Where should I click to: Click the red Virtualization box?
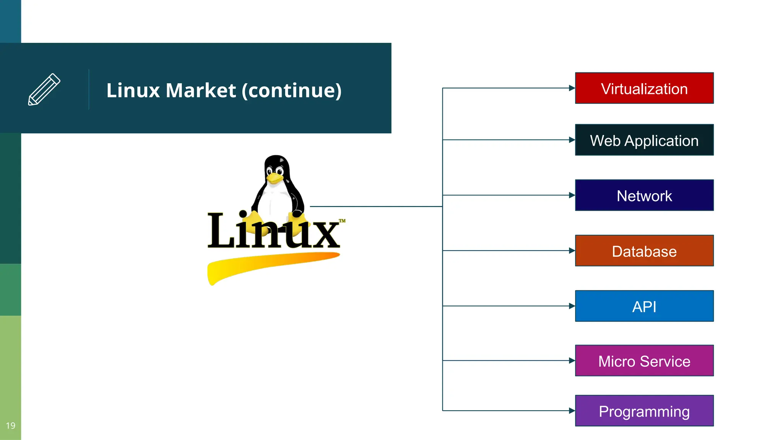[x=644, y=88]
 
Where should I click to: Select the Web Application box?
[x=644, y=140]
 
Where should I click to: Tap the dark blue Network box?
[x=644, y=195]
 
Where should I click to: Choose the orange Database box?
[x=644, y=251]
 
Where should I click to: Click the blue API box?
[x=644, y=306]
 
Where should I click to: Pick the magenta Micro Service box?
[x=644, y=361]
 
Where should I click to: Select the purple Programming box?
[x=644, y=411]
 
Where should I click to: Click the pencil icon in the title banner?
[x=44, y=89]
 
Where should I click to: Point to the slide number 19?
[x=11, y=425]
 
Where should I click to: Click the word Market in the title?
[x=201, y=91]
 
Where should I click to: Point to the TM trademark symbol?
[x=342, y=221]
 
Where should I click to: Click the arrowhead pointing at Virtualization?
[x=572, y=88]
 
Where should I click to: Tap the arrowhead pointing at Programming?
[x=572, y=411]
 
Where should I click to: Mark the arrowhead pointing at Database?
[x=572, y=251]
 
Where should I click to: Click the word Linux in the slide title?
[x=133, y=91]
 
